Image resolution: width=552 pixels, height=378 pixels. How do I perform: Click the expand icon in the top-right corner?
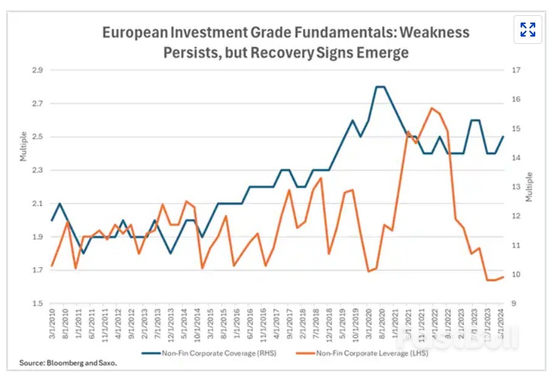point(528,29)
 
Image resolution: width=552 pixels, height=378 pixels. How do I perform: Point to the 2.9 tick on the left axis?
point(37,70)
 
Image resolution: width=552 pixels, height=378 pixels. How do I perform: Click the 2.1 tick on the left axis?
point(37,204)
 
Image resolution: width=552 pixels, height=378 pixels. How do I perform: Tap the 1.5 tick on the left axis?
point(37,304)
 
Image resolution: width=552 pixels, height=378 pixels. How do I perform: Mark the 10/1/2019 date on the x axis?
point(352,326)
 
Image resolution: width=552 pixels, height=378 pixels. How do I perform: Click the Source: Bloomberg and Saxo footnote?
point(68,363)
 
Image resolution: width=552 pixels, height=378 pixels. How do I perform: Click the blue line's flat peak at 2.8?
point(380,87)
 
